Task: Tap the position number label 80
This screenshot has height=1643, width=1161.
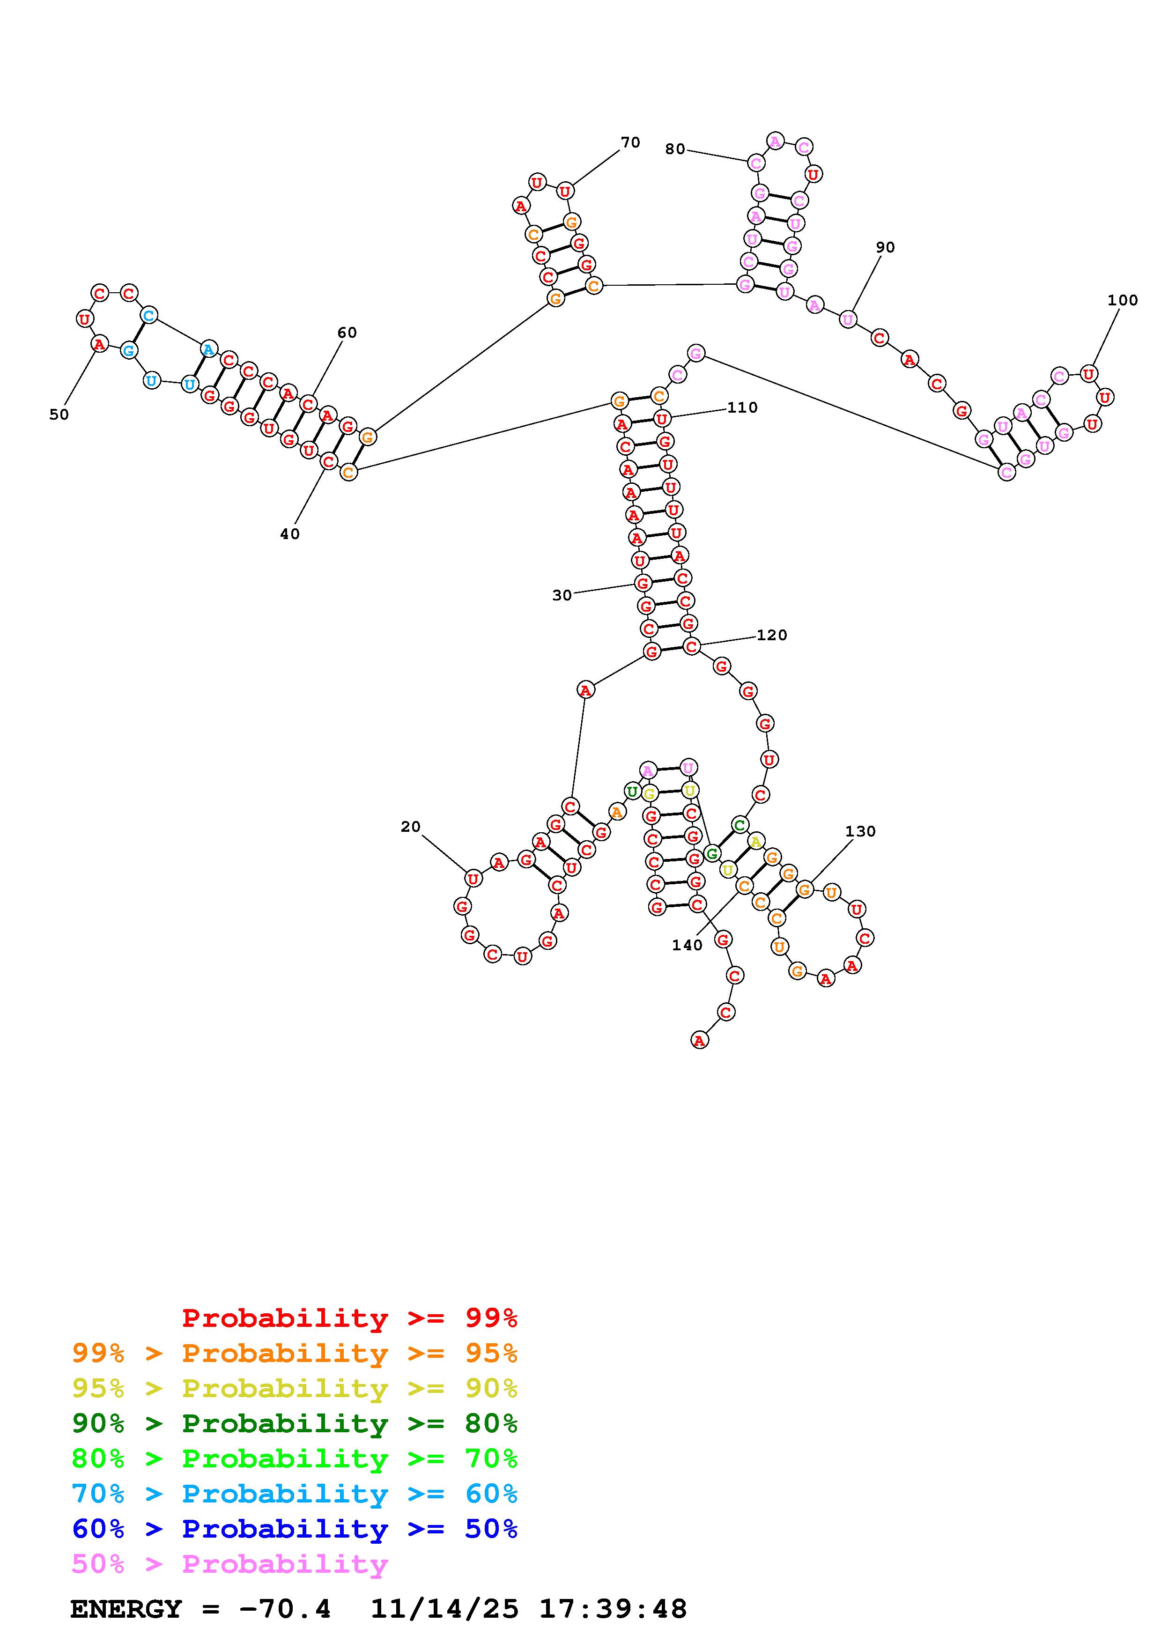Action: [x=674, y=149]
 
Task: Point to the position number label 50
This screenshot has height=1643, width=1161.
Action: [x=59, y=414]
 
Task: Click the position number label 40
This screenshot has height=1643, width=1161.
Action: [x=290, y=534]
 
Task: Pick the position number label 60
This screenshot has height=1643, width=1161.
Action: [x=347, y=332]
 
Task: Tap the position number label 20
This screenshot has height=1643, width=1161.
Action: [x=411, y=827]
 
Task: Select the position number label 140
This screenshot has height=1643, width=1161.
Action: [x=687, y=945]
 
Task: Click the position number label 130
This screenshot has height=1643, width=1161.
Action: [x=860, y=831]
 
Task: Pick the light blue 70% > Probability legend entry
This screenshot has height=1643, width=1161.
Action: [x=294, y=1494]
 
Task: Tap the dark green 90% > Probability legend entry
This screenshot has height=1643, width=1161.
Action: [x=294, y=1423]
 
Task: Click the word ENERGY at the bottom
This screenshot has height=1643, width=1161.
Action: [x=126, y=1609]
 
